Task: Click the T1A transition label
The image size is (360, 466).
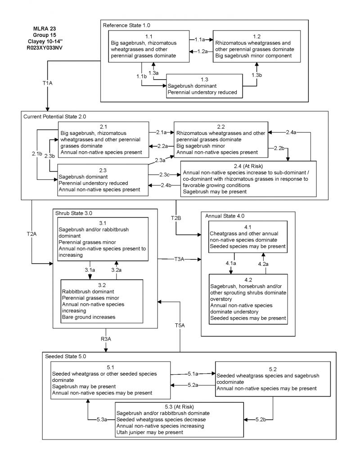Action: tap(47, 83)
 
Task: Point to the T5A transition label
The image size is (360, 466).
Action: tap(180, 325)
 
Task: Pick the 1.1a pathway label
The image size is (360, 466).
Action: tap(198, 40)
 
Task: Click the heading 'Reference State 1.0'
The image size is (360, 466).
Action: tap(127, 25)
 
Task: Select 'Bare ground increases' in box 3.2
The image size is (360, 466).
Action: tap(89, 317)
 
